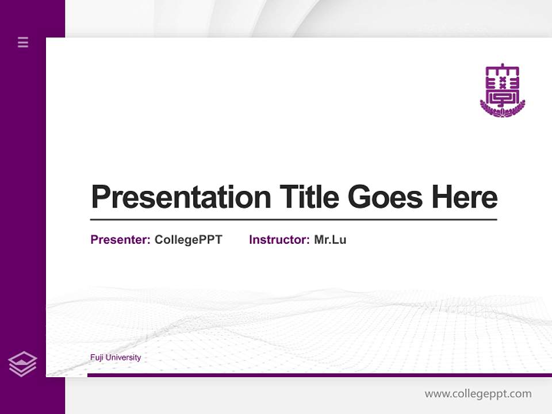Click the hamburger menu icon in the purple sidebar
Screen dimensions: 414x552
tap(23, 42)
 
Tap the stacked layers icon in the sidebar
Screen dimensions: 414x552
tap(22, 364)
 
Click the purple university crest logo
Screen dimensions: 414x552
tap(502, 86)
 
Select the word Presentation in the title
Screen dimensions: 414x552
tap(181, 197)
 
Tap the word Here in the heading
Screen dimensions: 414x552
tap(465, 197)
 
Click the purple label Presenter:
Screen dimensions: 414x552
tap(120, 240)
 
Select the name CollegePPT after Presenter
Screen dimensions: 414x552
tap(188, 240)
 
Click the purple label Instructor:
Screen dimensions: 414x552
tap(279, 240)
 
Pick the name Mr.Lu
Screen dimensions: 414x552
tap(330, 240)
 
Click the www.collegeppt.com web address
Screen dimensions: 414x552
tap(478, 394)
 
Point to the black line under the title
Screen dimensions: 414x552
tap(293, 220)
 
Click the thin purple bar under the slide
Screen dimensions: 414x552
tap(319, 375)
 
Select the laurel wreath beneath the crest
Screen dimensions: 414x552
tap(502, 110)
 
